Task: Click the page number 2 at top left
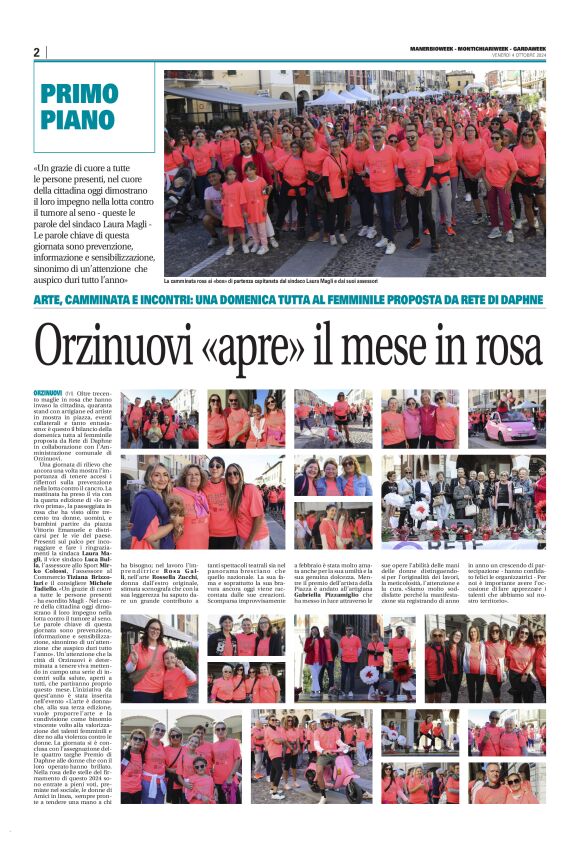pos(36,52)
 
